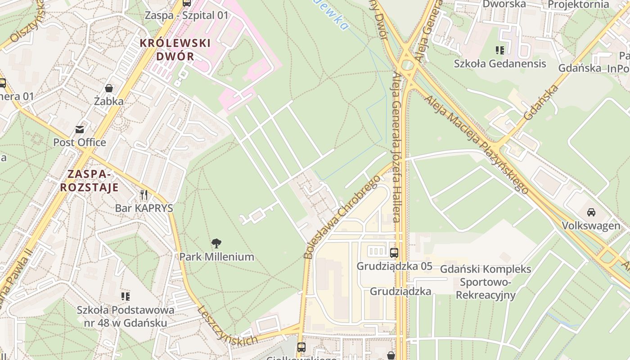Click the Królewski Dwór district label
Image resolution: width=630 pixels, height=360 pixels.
tap(175, 49)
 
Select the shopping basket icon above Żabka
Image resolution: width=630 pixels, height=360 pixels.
tap(109, 88)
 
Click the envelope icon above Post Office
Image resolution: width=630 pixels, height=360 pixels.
tap(80, 130)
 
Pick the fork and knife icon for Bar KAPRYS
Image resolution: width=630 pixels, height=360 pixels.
tap(144, 195)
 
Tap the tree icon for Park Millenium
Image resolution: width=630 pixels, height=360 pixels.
tap(216, 243)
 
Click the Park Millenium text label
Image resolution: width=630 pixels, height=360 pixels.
tap(216, 257)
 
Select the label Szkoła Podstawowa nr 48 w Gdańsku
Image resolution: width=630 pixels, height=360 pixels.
tap(126, 316)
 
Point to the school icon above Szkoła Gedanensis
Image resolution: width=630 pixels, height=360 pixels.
tap(499, 50)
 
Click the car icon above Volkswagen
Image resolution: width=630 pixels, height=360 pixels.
tap(591, 212)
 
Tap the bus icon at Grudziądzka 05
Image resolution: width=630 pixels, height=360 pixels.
tap(394, 253)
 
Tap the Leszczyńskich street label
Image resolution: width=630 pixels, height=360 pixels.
tap(227, 325)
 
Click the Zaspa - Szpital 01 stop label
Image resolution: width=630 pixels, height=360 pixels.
tap(186, 15)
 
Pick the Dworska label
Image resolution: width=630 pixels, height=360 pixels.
tap(504, 4)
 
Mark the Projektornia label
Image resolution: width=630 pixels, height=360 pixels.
tap(578, 4)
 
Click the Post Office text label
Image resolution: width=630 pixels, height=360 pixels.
tap(80, 143)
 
